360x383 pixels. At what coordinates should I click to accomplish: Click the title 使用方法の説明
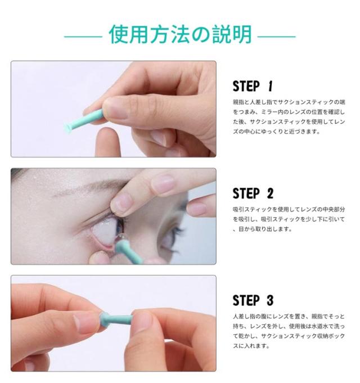pyautogui.click(x=180, y=34)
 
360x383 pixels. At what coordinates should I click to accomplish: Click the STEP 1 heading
pyautogui.click(x=253, y=86)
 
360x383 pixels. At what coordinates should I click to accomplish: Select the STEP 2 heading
pyautogui.click(x=253, y=193)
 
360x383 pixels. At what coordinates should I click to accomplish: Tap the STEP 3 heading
pyautogui.click(x=253, y=300)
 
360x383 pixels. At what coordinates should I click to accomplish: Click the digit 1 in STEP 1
pyautogui.click(x=270, y=86)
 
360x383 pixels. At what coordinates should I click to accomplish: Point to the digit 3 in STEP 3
pyautogui.click(x=270, y=300)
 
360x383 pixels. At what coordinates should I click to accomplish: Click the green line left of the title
pyautogui.click(x=83, y=37)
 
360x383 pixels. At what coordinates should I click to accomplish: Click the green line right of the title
pyautogui.click(x=277, y=37)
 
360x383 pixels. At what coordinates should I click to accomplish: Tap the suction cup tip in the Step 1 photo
pyautogui.click(x=67, y=128)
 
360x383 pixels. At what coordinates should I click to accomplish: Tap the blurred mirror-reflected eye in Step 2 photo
pyautogui.click(x=172, y=235)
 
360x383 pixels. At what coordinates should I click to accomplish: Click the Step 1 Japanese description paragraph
pyautogui.click(x=289, y=116)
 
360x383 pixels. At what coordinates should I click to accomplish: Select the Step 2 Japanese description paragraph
pyautogui.click(x=289, y=219)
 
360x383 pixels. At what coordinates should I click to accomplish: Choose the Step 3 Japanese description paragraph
pyautogui.click(x=289, y=331)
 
